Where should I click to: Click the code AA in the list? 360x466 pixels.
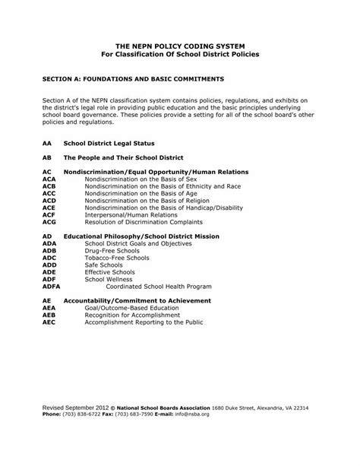(x=47, y=142)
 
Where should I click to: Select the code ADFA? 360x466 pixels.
(x=52, y=286)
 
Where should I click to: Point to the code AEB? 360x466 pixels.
(x=49, y=315)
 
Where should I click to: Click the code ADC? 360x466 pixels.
(x=49, y=258)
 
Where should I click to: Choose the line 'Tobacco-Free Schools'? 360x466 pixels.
(x=116, y=258)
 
